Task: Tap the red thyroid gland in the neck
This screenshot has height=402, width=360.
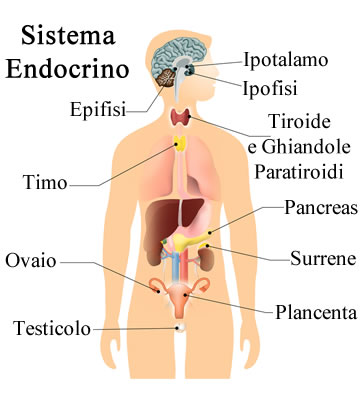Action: (x=181, y=115)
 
